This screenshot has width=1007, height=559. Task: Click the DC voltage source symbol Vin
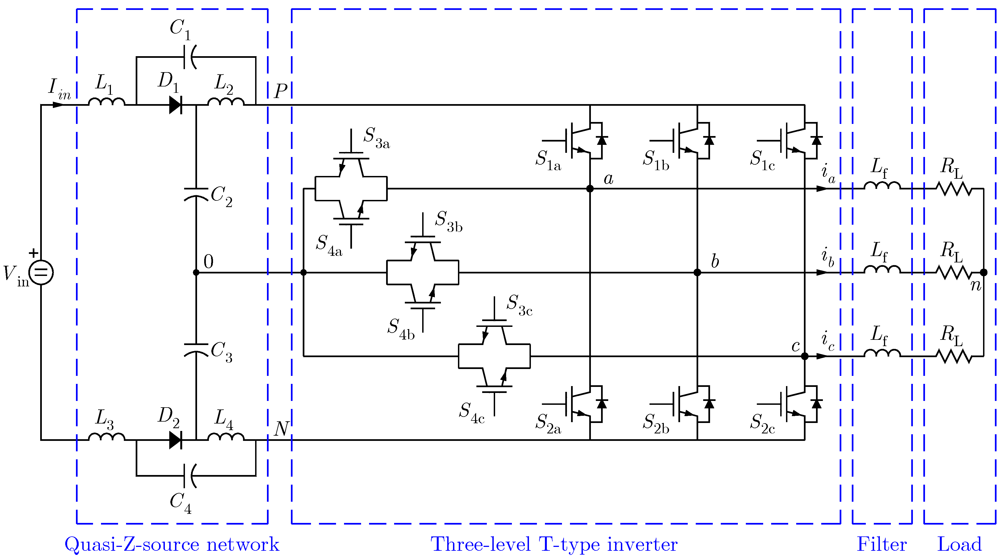tap(41, 272)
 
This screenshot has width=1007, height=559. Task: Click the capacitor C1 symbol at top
tap(190, 57)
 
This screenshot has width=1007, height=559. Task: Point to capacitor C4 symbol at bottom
tap(190, 476)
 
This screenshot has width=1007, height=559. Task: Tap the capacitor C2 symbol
tap(196, 194)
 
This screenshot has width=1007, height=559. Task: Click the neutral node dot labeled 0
tap(196, 272)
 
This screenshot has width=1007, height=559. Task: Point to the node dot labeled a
tap(590, 189)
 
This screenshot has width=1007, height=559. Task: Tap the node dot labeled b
tap(697, 272)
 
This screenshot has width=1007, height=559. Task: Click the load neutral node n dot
tap(984, 272)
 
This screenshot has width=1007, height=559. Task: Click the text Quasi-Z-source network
tap(172, 544)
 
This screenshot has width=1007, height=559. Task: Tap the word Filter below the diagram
tap(882, 544)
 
